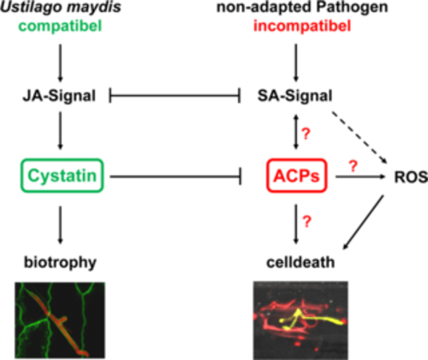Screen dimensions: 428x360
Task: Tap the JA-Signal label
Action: (x=59, y=96)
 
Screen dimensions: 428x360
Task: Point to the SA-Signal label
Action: (x=295, y=96)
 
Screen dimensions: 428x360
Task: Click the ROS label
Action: (x=411, y=177)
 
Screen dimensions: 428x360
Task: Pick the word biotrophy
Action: (x=60, y=263)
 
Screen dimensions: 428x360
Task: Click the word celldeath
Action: (x=300, y=262)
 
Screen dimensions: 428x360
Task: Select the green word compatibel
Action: (x=60, y=27)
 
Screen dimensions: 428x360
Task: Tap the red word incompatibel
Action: (x=302, y=27)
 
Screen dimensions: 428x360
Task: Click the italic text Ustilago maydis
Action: (x=61, y=7)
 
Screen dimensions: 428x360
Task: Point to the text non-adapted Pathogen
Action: (x=302, y=7)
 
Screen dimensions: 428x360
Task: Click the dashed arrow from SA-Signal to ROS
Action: (x=359, y=138)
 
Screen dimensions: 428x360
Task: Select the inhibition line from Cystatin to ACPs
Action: (x=175, y=177)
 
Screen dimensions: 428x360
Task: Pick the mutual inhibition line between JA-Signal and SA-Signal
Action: (x=175, y=96)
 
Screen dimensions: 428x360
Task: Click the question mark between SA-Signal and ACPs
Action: (x=306, y=133)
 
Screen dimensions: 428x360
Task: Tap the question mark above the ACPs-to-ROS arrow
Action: (x=354, y=166)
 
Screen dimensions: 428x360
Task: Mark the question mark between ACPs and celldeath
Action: (x=306, y=221)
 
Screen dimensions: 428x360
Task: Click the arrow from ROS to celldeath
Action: (x=363, y=222)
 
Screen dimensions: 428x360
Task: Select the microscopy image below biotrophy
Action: (x=60, y=320)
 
